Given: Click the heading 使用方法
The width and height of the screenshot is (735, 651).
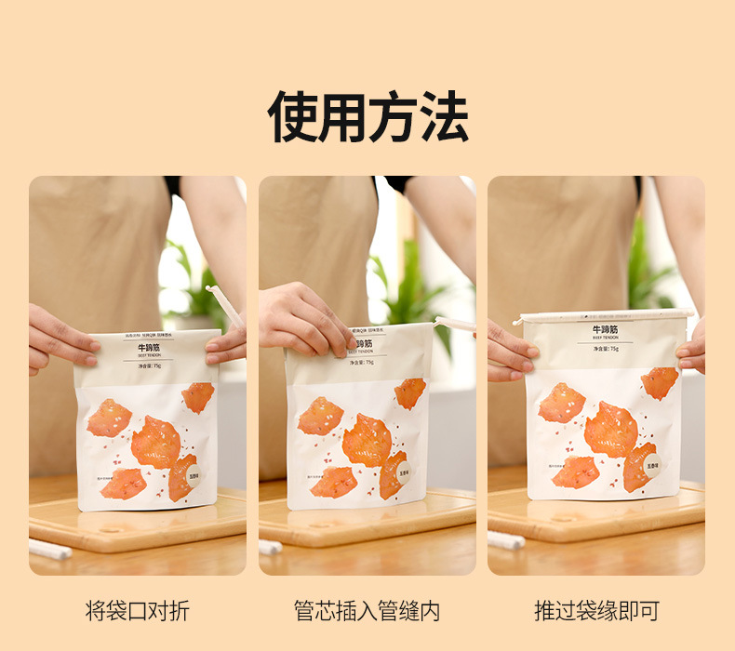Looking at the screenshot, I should pos(367,116).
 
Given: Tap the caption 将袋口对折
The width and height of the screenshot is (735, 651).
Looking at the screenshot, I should pos(137,611).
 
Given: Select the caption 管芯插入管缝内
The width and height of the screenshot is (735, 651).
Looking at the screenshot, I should pos(367,611).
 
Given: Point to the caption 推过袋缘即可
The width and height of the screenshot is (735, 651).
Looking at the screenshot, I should pos(596,611).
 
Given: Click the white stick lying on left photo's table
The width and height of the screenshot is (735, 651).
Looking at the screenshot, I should pos(50,550).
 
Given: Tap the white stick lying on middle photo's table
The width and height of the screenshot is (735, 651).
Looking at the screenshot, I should pos(270,547).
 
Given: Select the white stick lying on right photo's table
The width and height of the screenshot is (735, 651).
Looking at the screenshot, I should pos(506,540).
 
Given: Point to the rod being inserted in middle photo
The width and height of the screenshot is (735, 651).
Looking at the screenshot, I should pos(455,325).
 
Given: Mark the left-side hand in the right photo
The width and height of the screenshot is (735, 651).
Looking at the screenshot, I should pos(509,351).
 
